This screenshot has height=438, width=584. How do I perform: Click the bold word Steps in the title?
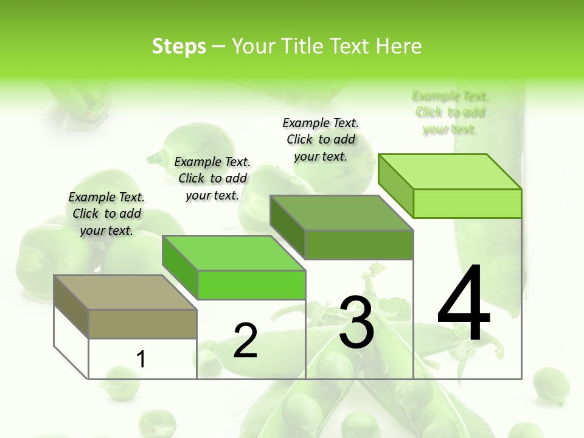(179, 46)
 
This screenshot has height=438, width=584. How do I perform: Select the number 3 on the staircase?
(356, 322)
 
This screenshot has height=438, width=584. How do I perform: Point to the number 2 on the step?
(245, 341)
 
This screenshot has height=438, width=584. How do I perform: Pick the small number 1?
(141, 359)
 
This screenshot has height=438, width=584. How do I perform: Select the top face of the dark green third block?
(341, 213)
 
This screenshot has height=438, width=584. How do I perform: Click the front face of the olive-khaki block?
(142, 324)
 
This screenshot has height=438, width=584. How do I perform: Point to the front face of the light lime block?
(467, 203)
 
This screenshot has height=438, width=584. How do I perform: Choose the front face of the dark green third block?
(359, 245)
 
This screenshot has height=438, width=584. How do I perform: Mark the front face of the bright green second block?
(251, 285)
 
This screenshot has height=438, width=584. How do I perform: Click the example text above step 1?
(106, 214)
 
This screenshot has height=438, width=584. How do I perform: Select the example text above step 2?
(212, 178)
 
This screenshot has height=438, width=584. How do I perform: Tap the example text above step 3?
(321, 139)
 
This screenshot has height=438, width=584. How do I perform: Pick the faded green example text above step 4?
(450, 113)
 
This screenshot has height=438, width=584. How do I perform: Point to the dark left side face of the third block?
(287, 227)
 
